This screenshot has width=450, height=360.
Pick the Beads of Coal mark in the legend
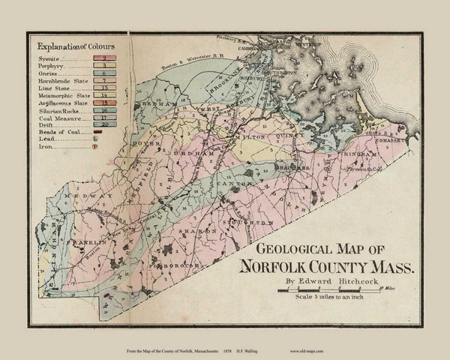[x=98, y=132]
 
